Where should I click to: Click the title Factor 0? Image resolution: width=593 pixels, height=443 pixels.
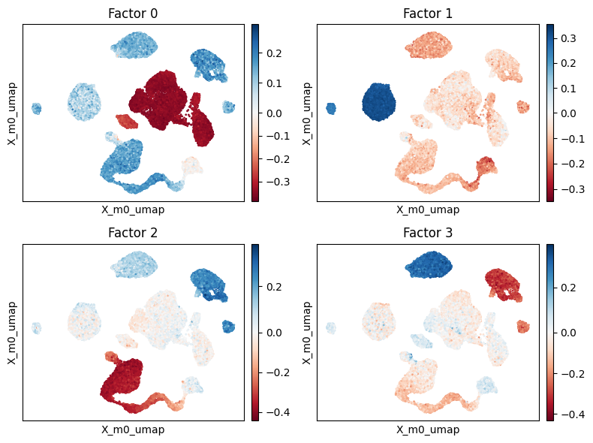tap(133, 13)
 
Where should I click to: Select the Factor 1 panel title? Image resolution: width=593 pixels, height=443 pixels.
tap(427, 13)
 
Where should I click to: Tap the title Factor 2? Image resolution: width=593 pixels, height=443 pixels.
tap(133, 233)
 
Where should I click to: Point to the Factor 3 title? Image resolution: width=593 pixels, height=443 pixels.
tap(427, 233)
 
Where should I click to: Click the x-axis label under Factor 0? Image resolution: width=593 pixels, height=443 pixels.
tap(133, 209)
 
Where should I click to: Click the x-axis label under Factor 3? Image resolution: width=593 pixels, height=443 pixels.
tap(427, 429)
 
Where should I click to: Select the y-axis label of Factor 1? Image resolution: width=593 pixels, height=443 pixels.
tap(307, 113)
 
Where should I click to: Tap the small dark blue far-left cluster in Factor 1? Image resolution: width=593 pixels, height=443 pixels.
tap(331, 109)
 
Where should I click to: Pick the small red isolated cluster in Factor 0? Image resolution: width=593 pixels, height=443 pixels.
tap(127, 120)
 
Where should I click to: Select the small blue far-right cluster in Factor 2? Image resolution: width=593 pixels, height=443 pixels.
tap(229, 327)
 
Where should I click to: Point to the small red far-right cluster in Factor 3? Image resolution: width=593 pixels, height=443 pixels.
tap(523, 327)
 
